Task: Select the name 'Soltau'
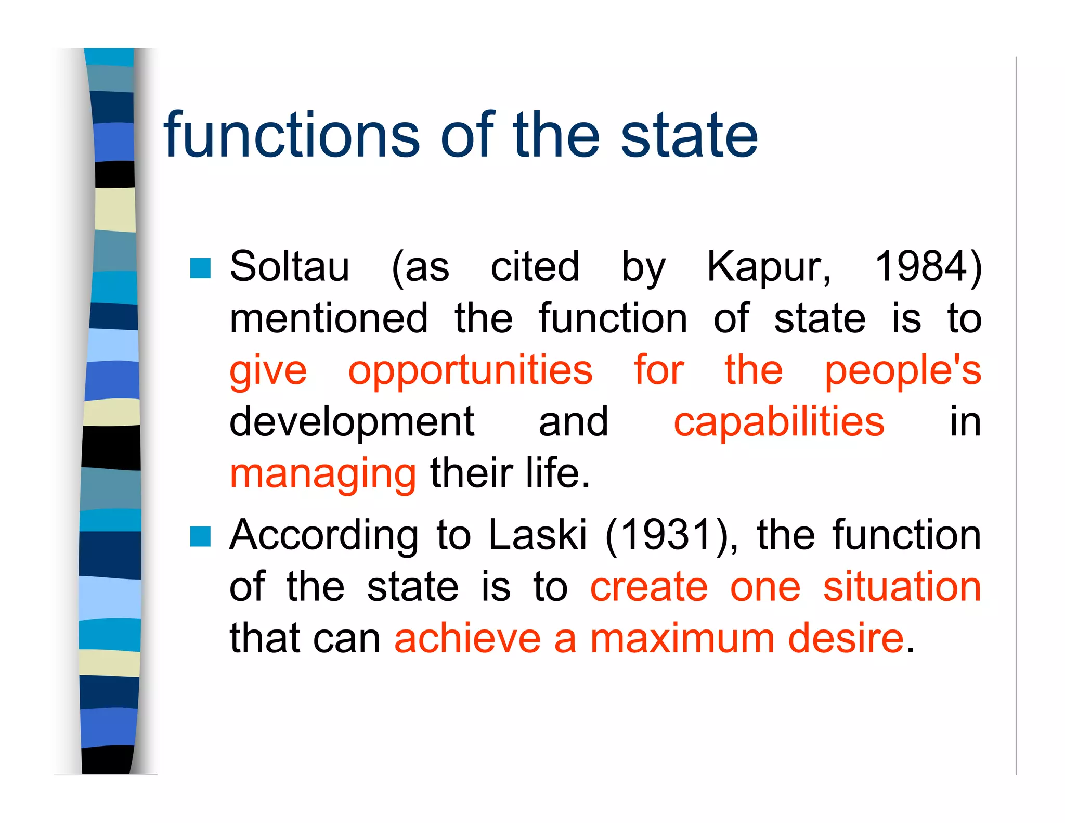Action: click(x=290, y=266)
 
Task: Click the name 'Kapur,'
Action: click(x=769, y=267)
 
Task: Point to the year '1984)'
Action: click(x=929, y=267)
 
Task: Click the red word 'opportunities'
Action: click(x=470, y=371)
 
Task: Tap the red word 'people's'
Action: click(x=903, y=371)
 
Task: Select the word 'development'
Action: click(x=352, y=422)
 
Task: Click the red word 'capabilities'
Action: click(x=778, y=422)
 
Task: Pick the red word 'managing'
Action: click(x=322, y=474)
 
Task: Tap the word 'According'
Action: click(x=324, y=535)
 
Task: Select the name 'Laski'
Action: click(x=538, y=535)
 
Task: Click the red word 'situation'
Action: click(x=902, y=587)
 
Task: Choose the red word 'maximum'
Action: click(x=682, y=638)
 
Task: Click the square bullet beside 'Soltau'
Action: click(x=200, y=268)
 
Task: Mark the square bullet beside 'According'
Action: click(x=200, y=536)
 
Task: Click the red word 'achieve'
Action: click(x=467, y=638)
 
